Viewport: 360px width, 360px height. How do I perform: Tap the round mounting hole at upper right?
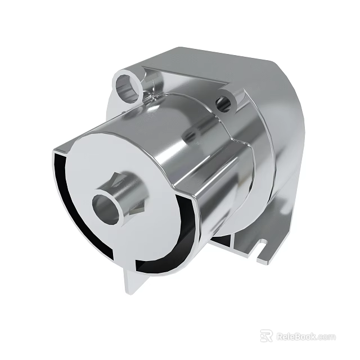(224, 102)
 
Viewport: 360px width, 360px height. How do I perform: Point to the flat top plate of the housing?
(225, 62)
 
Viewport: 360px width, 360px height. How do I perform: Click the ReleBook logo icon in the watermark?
(266, 336)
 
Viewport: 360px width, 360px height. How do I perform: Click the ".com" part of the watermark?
(326, 337)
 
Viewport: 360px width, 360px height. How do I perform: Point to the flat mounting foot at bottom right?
(253, 247)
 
